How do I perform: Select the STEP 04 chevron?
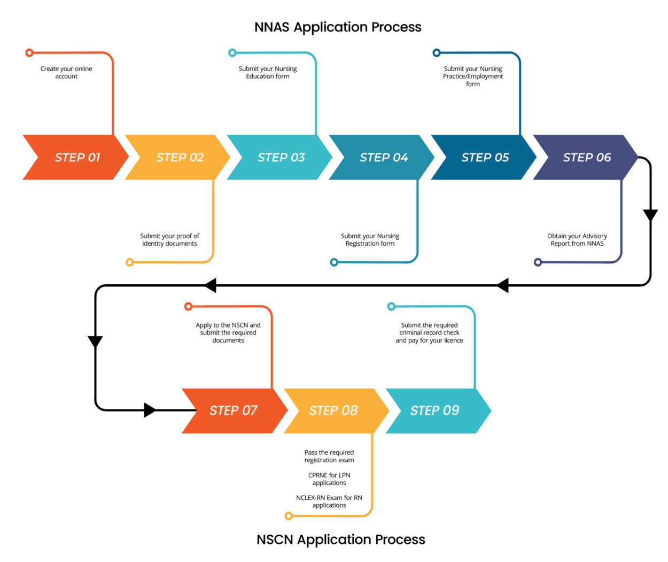point(383,157)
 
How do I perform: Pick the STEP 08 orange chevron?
point(333,411)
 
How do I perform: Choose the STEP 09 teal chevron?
point(434,411)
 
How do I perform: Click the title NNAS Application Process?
point(338,27)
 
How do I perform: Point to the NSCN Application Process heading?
point(340,540)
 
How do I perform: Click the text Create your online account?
point(66,73)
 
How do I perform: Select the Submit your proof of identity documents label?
point(169,240)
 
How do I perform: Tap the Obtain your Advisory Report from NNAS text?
point(577,240)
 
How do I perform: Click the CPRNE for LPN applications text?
point(329,479)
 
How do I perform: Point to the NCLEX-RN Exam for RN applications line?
point(329,502)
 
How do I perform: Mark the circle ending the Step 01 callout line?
point(29,52)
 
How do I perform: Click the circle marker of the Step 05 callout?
point(437,52)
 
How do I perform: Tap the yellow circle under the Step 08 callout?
point(289,516)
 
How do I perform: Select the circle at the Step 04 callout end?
point(334,262)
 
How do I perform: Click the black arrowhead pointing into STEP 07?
point(150,411)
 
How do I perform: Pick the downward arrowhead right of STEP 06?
point(650,215)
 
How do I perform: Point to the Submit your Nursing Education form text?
point(268,73)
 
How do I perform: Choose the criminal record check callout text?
point(429,333)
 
